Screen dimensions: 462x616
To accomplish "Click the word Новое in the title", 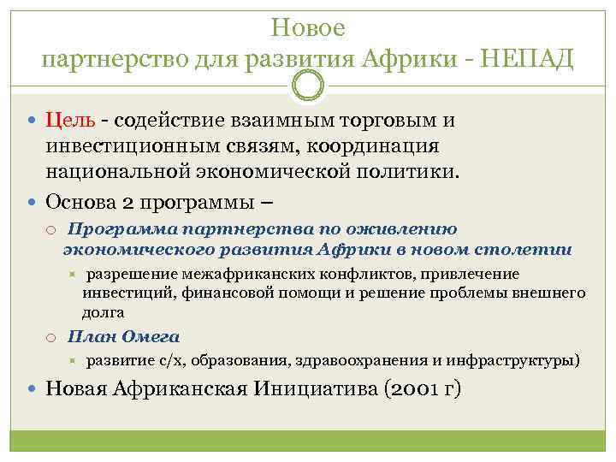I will [308, 28].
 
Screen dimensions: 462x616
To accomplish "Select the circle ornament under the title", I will [308, 85].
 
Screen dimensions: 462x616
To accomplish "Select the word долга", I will [104, 312].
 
